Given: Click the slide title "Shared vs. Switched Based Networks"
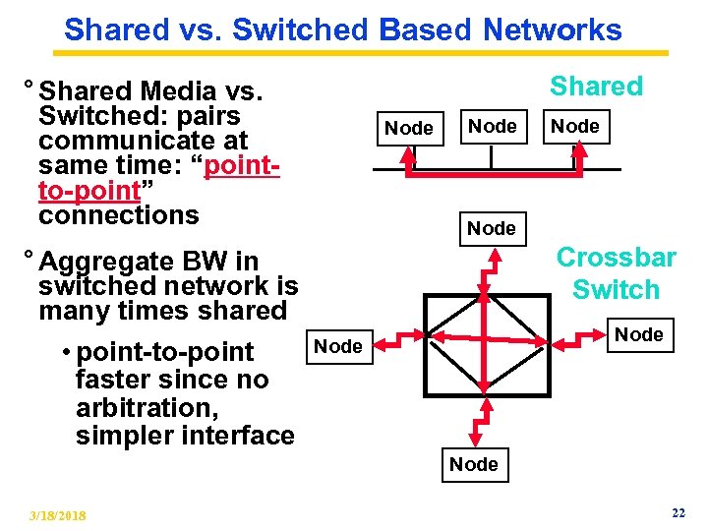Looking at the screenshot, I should coord(343,29).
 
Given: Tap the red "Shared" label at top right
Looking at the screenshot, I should coord(596,87).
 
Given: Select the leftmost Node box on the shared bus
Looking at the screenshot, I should coord(408,128).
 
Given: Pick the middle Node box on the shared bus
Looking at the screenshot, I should coord(492,126).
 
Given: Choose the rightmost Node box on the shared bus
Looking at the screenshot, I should coord(575,126).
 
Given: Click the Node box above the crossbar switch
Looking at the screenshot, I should coord(492,228).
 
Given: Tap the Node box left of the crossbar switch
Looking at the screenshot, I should coord(337,345).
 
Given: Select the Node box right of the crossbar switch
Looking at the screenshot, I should coord(639,334).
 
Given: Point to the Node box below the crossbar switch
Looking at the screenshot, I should coord(474,464).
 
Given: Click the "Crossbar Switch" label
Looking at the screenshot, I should coord(617,273).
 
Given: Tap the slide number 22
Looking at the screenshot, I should coord(678,513).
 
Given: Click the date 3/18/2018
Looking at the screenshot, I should coord(57,515).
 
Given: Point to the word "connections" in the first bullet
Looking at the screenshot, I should coord(118,215).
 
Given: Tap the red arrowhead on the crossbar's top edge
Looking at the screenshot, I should coord(484,293).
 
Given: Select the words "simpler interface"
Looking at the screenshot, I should coord(185,435).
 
